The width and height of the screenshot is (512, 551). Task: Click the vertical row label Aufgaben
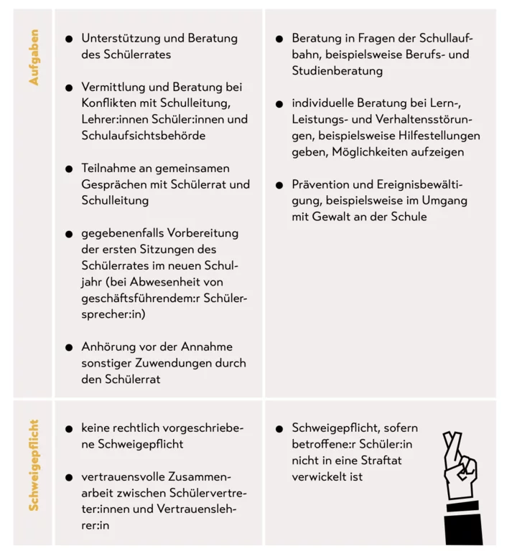(x=34, y=58)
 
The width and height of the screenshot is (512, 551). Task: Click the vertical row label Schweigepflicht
(x=34, y=466)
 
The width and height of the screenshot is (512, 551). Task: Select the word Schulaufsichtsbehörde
(x=144, y=135)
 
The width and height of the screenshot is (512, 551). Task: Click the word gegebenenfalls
(x=123, y=233)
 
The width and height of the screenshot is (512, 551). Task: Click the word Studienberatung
(x=338, y=71)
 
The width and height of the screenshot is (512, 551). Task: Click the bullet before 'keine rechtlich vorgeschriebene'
(x=69, y=428)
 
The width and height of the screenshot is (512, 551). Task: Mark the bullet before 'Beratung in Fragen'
(x=279, y=39)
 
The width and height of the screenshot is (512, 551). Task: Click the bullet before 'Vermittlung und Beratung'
(x=69, y=88)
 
